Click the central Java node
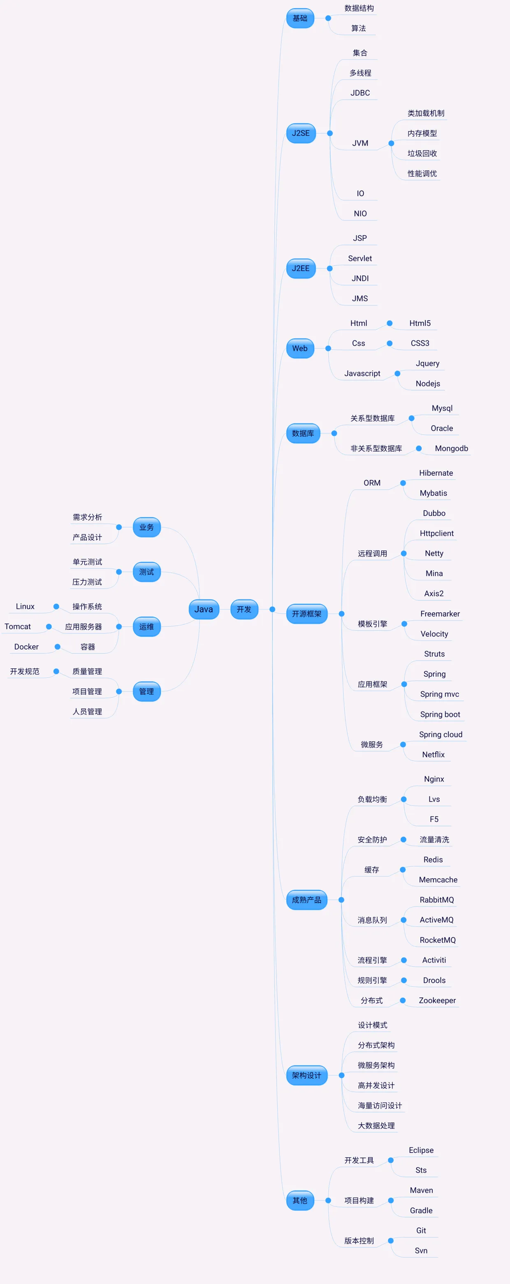point(204,609)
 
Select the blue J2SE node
point(301,133)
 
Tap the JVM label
point(360,143)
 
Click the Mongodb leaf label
point(451,448)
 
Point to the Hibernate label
point(436,473)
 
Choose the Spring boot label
point(440,714)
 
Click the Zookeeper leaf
point(437,1000)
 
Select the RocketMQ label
point(437,940)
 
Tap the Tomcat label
point(17,626)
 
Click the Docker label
point(26,647)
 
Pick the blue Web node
point(300,349)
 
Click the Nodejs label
point(427,383)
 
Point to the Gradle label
point(421,1210)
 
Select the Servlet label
point(359,258)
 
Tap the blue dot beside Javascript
point(397,373)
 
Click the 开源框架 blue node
point(306,614)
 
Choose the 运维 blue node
point(146,626)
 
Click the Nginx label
point(434,779)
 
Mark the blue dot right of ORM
point(403,483)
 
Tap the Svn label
point(421,1251)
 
